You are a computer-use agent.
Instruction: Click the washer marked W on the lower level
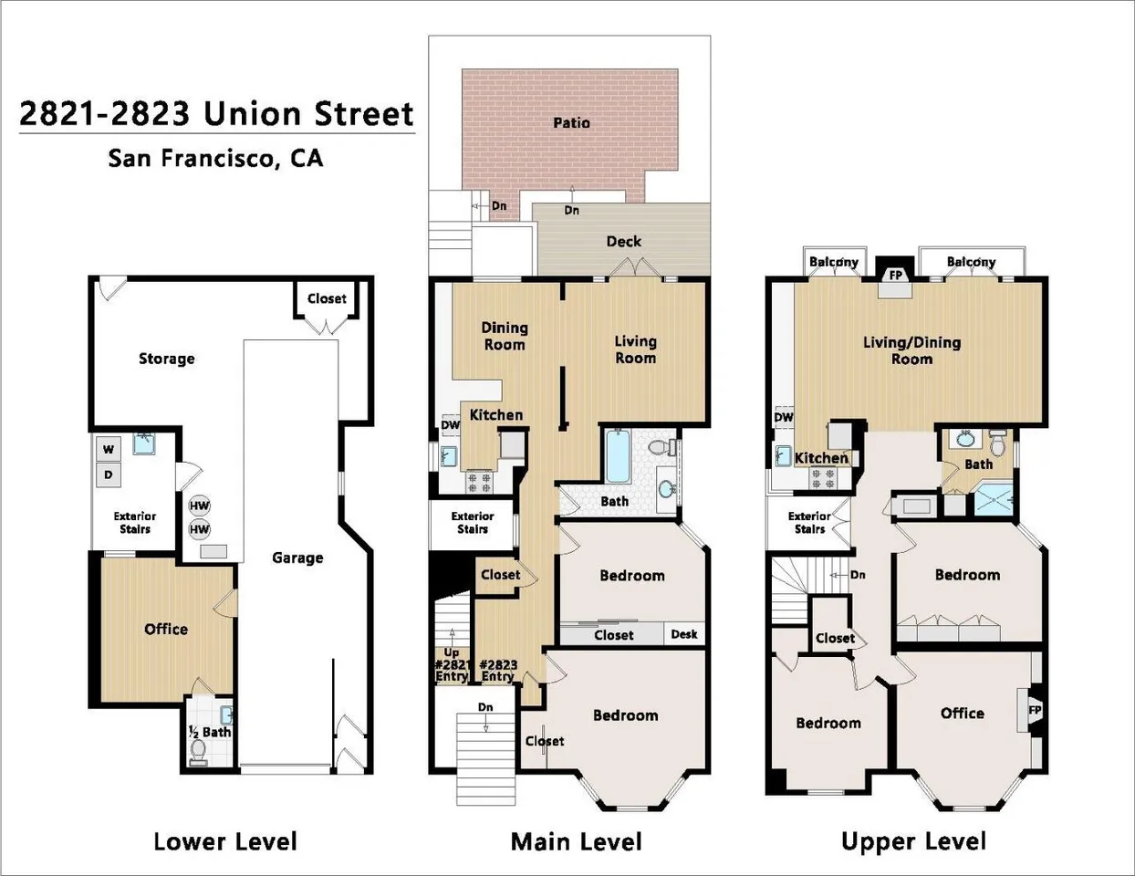coord(109,449)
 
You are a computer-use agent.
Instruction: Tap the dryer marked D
coord(109,475)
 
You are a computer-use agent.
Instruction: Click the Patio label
coord(571,123)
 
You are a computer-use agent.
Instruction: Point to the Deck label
coord(624,241)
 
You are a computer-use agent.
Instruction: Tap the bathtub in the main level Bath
coord(619,455)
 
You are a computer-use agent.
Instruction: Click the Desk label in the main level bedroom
coord(684,633)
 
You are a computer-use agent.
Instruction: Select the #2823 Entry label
coord(498,671)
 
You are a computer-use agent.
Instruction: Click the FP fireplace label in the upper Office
coord(1035,710)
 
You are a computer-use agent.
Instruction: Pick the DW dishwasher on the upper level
coord(783,417)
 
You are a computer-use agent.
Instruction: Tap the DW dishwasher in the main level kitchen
coord(450,425)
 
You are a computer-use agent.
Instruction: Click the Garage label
coord(297,558)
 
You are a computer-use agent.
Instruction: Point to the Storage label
coord(167,359)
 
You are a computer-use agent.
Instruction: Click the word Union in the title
coord(252,114)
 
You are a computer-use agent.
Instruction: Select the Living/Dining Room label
coord(912,350)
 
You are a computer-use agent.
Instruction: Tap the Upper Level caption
coord(913,841)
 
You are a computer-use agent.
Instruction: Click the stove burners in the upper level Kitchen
coord(823,478)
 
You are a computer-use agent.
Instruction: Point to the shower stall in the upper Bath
coord(994,500)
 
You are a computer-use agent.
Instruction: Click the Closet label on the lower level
coord(327,298)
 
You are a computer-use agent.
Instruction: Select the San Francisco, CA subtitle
coord(215,158)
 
